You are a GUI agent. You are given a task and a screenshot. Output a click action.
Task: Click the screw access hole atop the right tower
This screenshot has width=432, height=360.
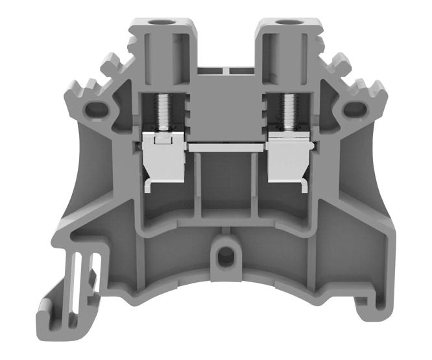(x=285, y=24)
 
